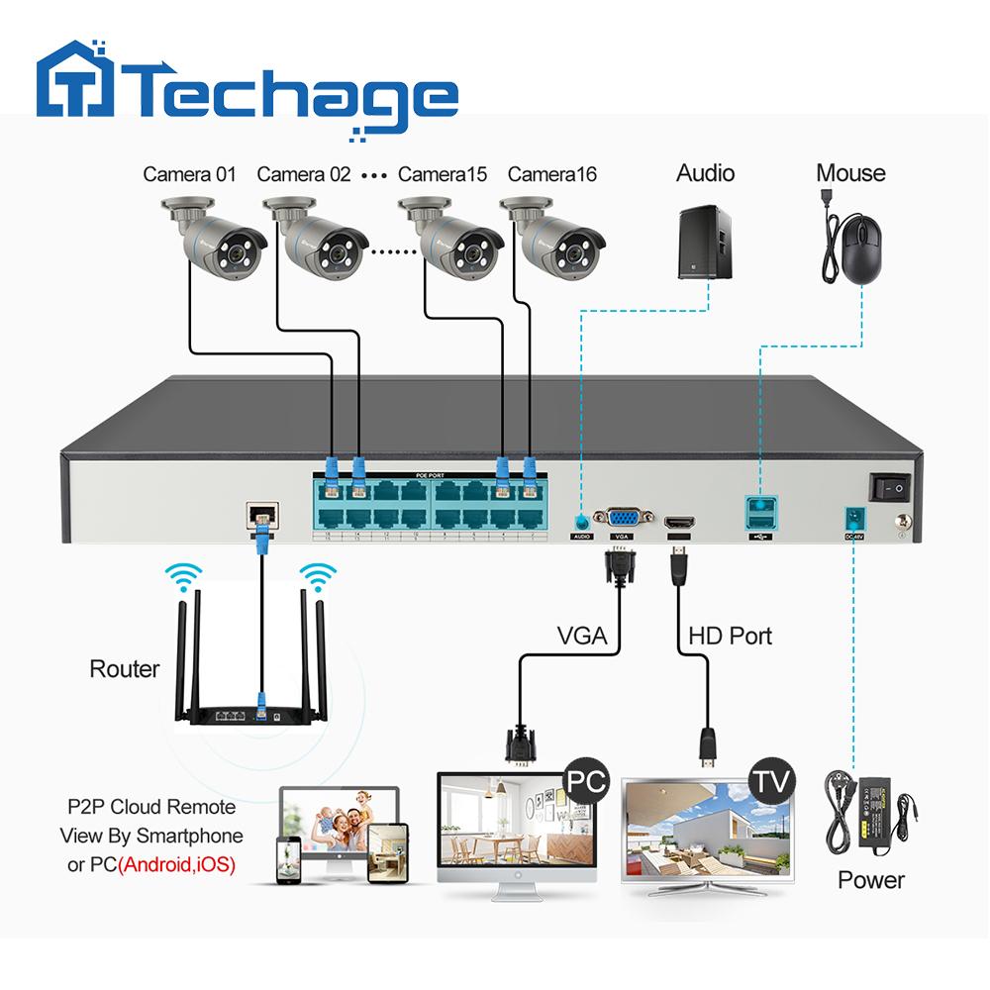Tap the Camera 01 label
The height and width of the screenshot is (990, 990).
click(x=189, y=174)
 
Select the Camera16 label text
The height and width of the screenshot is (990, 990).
click(x=551, y=174)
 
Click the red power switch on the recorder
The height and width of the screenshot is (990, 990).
click(x=888, y=487)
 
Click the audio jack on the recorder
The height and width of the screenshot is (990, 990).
click(x=581, y=518)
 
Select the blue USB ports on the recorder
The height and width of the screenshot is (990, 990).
click(x=759, y=513)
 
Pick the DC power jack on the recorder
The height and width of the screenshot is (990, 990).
click(x=849, y=517)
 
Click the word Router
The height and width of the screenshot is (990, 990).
click(x=124, y=669)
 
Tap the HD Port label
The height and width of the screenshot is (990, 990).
click(x=730, y=636)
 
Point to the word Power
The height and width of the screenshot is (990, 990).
click(x=871, y=879)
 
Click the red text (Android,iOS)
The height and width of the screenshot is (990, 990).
click(x=176, y=864)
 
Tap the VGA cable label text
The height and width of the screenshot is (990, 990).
click(x=582, y=636)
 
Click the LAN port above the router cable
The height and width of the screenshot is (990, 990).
click(x=261, y=513)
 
